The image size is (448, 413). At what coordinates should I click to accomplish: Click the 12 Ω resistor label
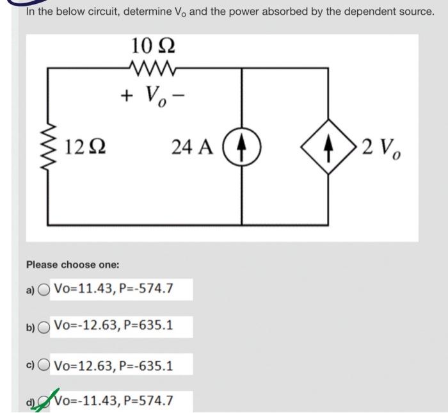[84, 147]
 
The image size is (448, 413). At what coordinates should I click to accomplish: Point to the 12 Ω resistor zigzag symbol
[49, 148]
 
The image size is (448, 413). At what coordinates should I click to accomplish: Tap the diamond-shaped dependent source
[331, 148]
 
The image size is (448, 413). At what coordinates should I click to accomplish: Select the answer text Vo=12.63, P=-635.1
[114, 366]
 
